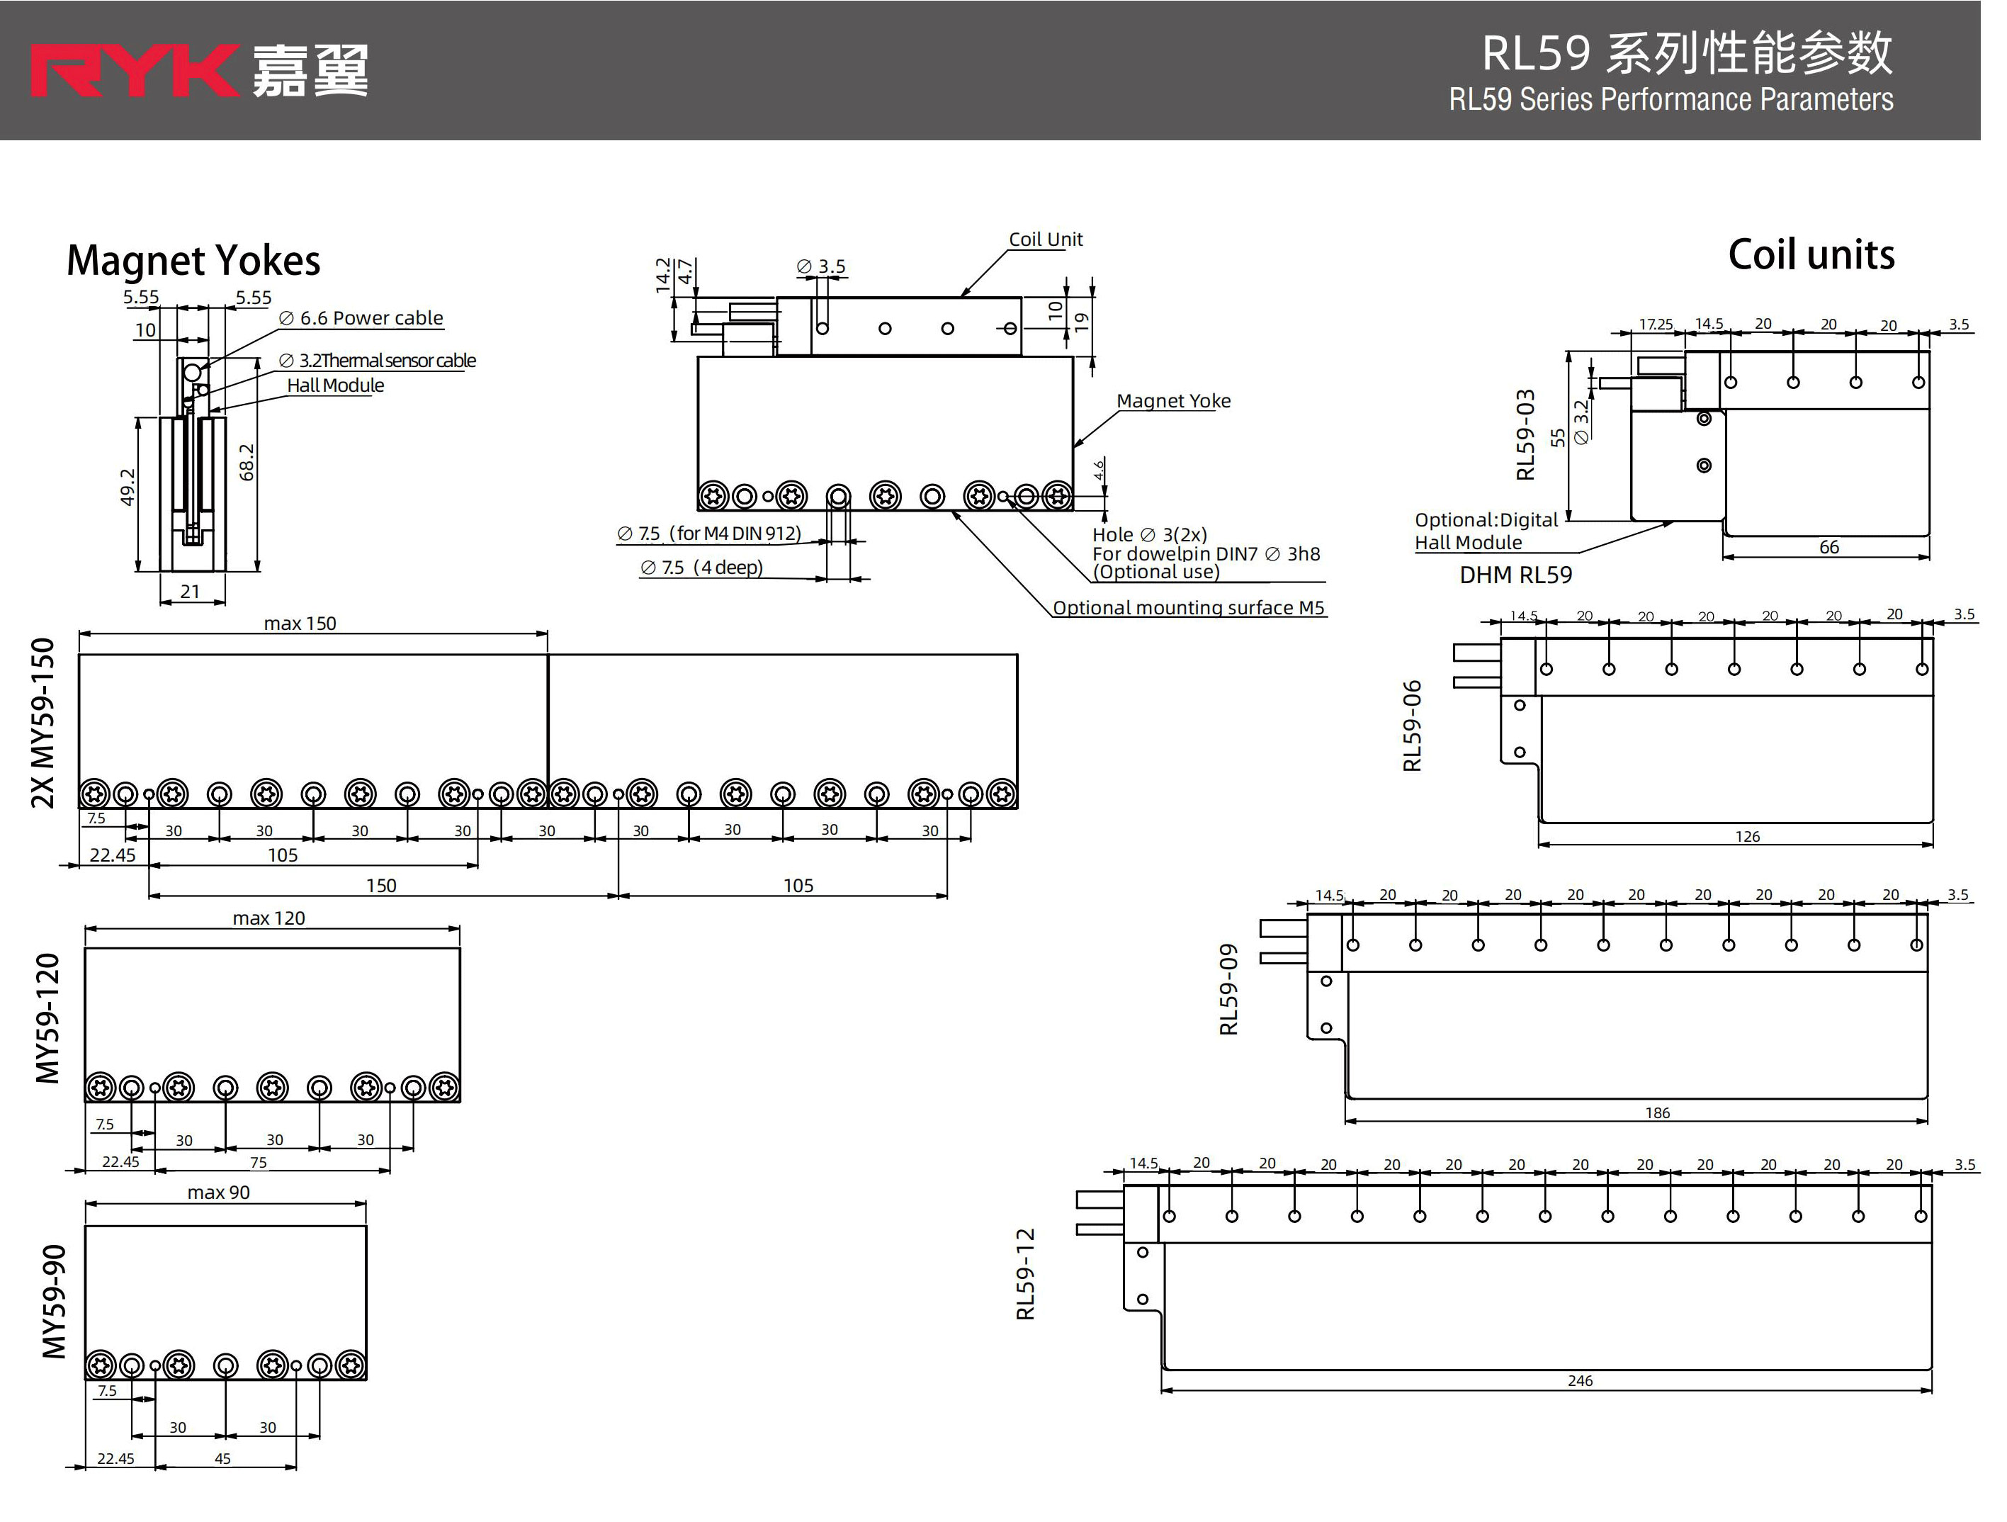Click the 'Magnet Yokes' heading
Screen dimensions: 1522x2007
point(193,261)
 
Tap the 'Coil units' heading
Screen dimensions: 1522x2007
point(1810,255)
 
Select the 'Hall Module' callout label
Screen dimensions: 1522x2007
point(335,385)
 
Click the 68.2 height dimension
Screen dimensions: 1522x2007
point(247,462)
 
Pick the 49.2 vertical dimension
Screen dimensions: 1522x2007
point(128,487)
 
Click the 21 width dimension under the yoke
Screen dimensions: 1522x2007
point(190,592)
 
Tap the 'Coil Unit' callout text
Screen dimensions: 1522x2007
point(1045,239)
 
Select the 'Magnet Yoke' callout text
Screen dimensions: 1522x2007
point(1172,401)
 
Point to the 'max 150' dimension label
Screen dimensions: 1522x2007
point(300,624)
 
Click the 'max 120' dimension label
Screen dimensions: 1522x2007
point(268,918)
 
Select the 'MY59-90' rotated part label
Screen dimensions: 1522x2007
point(55,1302)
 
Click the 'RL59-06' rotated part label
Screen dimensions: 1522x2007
point(1412,726)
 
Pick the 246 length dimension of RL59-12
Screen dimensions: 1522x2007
point(1580,1380)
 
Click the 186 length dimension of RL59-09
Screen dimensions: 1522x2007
point(1657,1112)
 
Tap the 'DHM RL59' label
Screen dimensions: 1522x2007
point(1515,575)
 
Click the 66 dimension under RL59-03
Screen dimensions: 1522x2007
point(1828,547)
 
